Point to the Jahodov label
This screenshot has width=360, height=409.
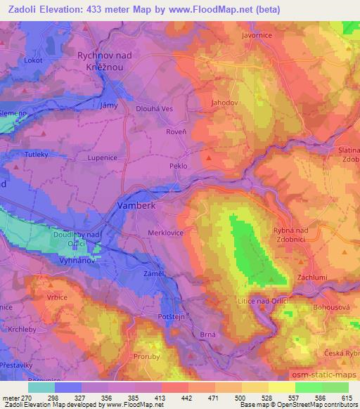point(225,103)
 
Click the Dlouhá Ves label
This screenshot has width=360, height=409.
point(154,109)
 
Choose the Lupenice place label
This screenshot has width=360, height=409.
point(102,158)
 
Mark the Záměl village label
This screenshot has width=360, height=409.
point(155,273)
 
